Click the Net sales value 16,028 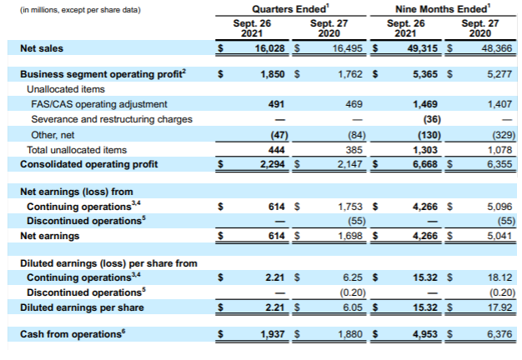tap(269, 49)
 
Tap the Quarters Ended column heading tap(268, 9)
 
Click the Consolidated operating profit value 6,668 tap(424, 164)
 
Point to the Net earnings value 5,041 tap(498, 237)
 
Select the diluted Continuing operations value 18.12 tap(501, 277)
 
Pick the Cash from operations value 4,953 tap(425, 334)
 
